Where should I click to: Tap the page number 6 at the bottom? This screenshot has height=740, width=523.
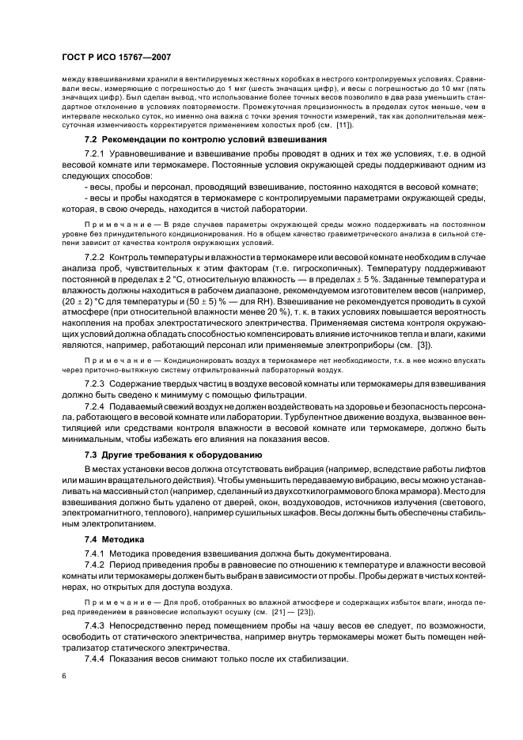pos(64,676)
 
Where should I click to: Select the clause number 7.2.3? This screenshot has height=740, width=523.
pos(95,382)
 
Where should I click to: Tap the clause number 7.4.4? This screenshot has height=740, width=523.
pos(95,659)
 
